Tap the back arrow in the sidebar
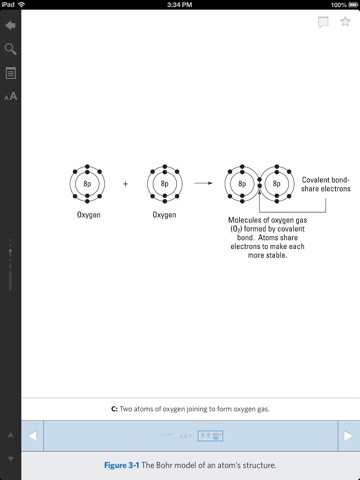10,25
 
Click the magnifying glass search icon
10,49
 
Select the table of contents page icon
11,73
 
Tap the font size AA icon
11,97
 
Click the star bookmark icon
345,22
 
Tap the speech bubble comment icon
323,22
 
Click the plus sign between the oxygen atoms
125,184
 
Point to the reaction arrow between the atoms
203,183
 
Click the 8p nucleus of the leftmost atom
87,184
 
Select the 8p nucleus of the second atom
165,184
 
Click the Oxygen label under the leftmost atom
89,215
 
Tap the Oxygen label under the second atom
164,215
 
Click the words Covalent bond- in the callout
326,180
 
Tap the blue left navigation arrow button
32,436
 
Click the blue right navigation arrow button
349,436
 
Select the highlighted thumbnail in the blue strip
210,436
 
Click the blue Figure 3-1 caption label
122,465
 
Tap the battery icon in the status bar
353,5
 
